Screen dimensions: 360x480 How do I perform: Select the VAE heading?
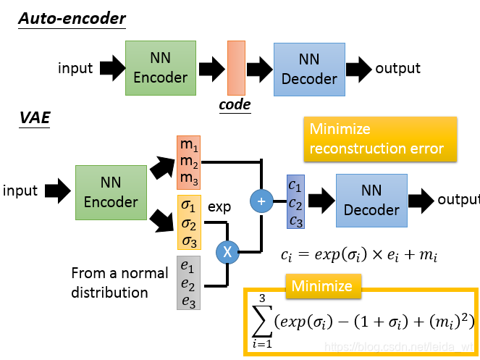coord(35,120)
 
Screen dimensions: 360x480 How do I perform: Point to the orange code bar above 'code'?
coord(236,68)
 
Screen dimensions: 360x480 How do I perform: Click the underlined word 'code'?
coord(235,105)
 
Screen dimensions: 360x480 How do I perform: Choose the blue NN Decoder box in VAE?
coord(371,200)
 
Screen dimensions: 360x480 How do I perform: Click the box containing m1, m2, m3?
coord(188,163)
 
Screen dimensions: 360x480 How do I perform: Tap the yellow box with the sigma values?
coord(188,222)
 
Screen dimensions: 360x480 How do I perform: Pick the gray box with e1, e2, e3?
coord(188,282)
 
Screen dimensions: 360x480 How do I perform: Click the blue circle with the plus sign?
coord(261,201)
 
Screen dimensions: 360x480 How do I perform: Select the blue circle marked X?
coord(227,252)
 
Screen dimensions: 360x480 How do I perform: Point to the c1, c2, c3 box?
coord(296,202)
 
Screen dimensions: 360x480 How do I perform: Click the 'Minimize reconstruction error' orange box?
coord(380,138)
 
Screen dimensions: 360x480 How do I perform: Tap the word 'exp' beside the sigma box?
coord(219,207)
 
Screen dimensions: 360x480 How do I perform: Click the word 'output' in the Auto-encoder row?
coord(397,68)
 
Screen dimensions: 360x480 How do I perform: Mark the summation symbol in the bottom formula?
coord(261,317)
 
